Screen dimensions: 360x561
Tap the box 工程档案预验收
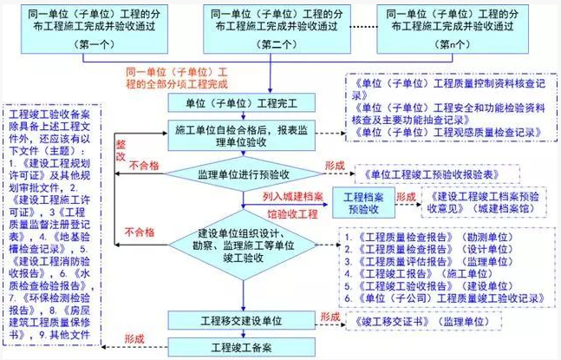[x=363, y=201]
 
